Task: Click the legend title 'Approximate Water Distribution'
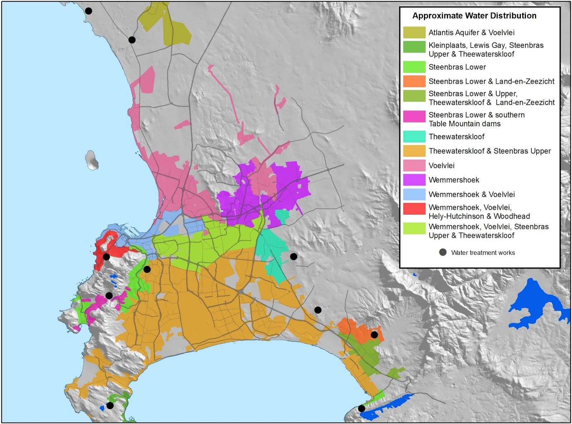click(474, 16)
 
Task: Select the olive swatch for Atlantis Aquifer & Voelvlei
click(414, 33)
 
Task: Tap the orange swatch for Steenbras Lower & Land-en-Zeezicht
click(414, 81)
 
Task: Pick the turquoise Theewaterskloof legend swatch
click(414, 136)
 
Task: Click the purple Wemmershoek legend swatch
click(414, 180)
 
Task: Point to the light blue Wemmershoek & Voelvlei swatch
click(414, 194)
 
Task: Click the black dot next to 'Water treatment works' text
click(443, 253)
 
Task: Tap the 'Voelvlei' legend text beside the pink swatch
click(442, 166)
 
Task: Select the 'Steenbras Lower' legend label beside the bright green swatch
click(457, 67)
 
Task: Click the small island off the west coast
click(92, 160)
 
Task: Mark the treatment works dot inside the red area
click(106, 257)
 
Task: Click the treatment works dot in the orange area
click(374, 335)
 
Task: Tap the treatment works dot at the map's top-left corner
click(88, 11)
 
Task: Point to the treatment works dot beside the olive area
click(132, 40)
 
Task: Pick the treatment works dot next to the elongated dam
click(361, 408)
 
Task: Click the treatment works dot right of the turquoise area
click(294, 257)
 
